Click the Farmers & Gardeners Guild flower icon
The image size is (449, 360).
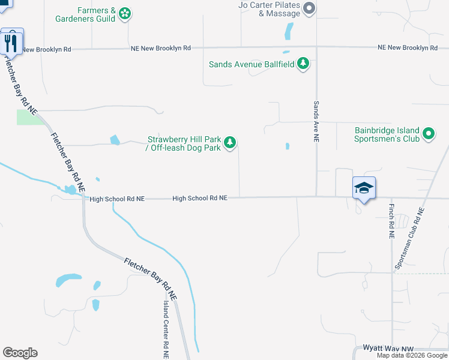point(125,13)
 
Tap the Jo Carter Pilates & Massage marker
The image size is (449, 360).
point(309,8)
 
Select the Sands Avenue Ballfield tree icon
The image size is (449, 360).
point(304,64)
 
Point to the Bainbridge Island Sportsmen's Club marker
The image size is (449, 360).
point(429,134)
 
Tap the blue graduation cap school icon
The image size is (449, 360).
point(364,188)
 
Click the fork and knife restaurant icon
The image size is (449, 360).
point(11,41)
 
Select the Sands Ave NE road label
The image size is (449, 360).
point(316,121)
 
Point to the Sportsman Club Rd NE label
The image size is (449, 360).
point(409,238)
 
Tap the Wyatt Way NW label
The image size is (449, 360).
point(389,347)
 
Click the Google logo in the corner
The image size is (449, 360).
point(20,353)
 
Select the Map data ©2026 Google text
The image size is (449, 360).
point(412,355)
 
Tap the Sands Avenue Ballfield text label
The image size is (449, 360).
point(252,64)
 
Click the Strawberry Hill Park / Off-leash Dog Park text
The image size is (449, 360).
point(184,143)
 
